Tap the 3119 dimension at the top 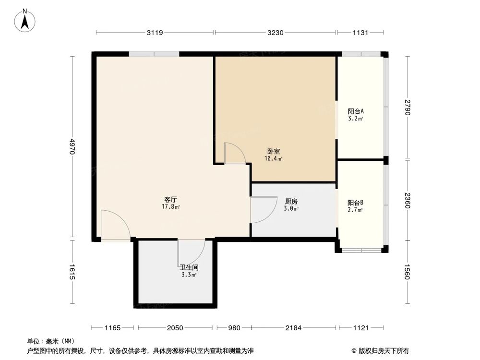pos(155,33)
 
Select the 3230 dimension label pos(276,33)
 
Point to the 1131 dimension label pos(360,33)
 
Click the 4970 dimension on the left pos(72,146)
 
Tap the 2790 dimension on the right pos(408,108)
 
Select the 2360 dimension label pos(408,200)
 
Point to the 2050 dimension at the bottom pos(175,328)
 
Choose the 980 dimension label pos(233,328)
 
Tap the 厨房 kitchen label pos(291,202)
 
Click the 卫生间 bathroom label pos(189,267)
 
